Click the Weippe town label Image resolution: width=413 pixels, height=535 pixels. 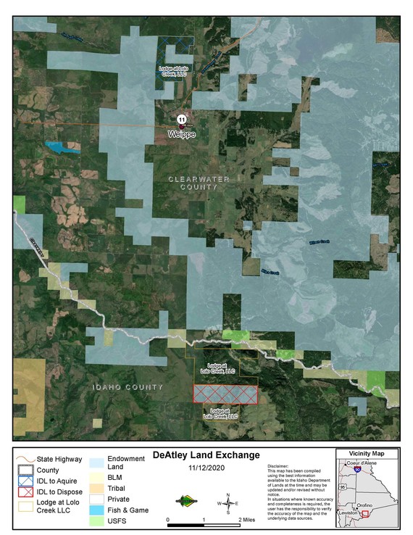click(x=182, y=134)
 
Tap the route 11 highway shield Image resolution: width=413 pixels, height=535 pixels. click(x=182, y=119)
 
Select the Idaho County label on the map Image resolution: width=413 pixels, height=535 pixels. click(x=128, y=388)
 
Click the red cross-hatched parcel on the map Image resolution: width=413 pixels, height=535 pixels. click(x=225, y=393)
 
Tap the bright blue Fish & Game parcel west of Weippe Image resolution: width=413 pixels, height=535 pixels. click(x=63, y=147)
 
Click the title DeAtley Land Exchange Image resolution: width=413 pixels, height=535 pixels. click(x=206, y=455)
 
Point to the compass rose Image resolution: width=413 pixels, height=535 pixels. click(x=228, y=502)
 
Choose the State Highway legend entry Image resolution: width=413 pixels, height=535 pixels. click(x=54, y=459)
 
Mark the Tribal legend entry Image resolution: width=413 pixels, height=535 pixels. click(x=116, y=489)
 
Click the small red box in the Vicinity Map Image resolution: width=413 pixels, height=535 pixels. click(x=364, y=513)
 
